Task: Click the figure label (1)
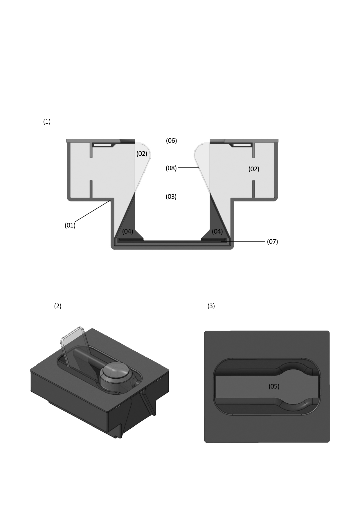tap(47, 122)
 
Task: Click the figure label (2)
tap(58, 306)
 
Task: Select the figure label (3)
tap(211, 306)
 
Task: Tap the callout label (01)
tap(70, 225)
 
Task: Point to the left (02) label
tap(142, 154)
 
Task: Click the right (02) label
tap(254, 169)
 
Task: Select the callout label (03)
tap(171, 196)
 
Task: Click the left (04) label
tap(127, 231)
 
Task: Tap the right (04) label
tap(217, 231)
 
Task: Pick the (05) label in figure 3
tap(274, 386)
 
